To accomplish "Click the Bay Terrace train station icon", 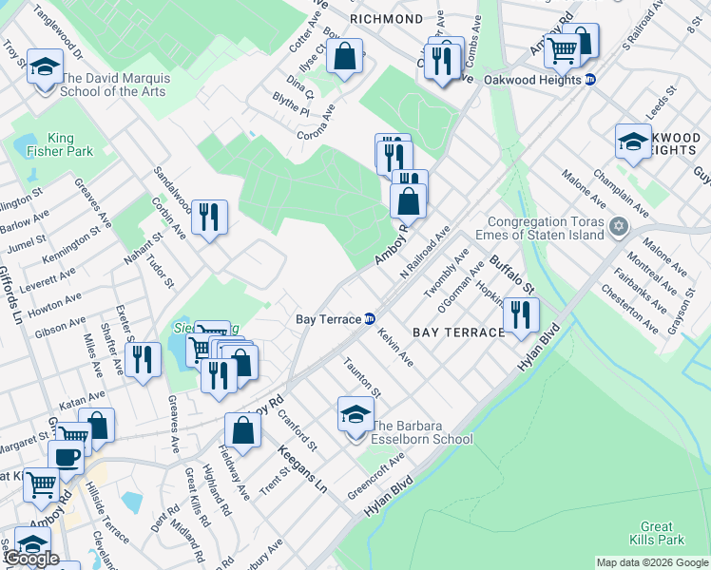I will pos(370,319).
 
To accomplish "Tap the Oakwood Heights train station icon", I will pos(590,80).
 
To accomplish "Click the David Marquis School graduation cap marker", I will pos(45,66).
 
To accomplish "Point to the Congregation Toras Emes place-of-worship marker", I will pos(620,226).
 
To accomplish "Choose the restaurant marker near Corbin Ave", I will pos(209,218).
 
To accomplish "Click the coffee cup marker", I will pos(66,457).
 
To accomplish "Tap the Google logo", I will pos(31,560).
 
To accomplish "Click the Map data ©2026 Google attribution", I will pos(651,562).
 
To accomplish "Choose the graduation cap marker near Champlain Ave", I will pos(632,141).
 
